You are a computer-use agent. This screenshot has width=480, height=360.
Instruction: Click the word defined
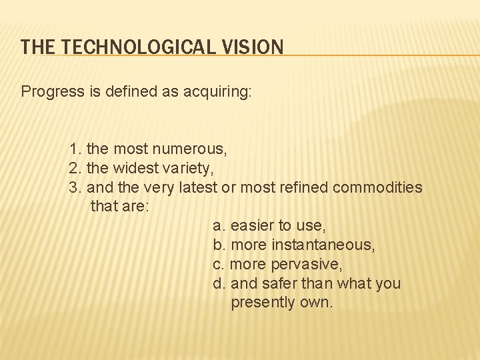point(127,91)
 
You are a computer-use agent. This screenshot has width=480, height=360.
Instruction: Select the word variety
point(189,167)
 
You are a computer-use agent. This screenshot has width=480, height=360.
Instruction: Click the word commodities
point(377,187)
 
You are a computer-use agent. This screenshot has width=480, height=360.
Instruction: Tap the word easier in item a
point(251,226)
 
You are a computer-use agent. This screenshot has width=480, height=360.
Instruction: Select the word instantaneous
point(323,245)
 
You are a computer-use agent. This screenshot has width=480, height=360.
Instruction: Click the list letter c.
point(217,264)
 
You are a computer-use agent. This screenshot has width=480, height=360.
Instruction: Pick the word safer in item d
point(279,283)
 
